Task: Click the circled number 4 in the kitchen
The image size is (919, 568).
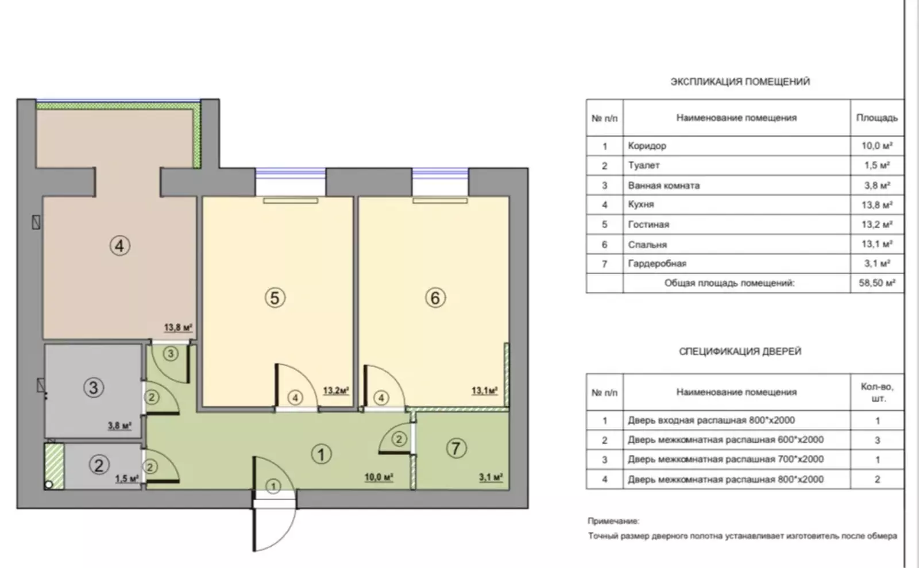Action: click(119, 246)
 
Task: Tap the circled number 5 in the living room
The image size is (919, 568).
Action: click(275, 297)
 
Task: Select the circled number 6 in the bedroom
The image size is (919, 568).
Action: click(435, 297)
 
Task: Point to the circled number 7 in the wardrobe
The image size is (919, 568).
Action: click(456, 448)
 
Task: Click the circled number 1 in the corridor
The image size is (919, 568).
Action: click(321, 454)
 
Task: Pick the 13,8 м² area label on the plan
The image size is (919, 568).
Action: click(178, 328)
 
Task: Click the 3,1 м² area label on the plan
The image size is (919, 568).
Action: click(491, 477)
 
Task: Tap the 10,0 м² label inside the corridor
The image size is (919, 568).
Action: click(379, 477)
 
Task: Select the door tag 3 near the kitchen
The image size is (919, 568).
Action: click(171, 354)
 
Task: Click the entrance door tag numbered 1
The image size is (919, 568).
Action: click(273, 486)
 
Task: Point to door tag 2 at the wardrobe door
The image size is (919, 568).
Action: click(399, 439)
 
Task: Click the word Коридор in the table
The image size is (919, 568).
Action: click(647, 146)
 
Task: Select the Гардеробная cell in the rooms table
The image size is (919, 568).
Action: click(657, 264)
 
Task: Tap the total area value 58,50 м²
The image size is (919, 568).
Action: click(876, 283)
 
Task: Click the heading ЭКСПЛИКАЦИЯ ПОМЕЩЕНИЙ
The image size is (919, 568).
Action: click(740, 82)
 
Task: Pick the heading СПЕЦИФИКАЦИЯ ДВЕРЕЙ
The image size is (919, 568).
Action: click(740, 351)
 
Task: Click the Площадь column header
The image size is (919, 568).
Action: click(876, 118)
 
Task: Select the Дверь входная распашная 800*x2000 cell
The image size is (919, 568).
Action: click(711, 420)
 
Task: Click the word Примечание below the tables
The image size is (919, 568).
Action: click(613, 521)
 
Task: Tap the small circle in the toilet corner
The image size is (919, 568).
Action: click(48, 485)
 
